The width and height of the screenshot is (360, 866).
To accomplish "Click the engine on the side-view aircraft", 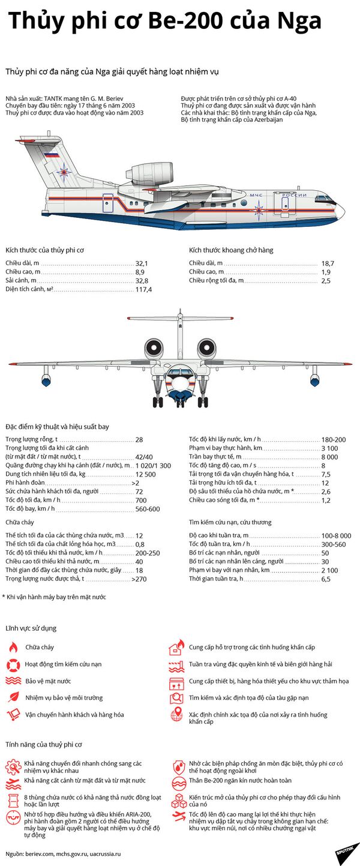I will (152, 173).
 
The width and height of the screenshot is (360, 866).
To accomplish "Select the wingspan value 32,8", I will (142, 281).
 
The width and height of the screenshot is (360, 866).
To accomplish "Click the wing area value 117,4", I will (143, 289).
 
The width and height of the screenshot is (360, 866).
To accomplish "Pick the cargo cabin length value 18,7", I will (327, 263).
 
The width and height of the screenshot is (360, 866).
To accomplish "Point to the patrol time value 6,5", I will (326, 579).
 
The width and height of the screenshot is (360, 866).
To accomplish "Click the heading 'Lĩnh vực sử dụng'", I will (31, 628).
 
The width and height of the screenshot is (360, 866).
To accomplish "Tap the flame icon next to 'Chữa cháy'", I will (13, 648).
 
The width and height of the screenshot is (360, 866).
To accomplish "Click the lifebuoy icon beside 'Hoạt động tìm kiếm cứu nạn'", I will (13, 664).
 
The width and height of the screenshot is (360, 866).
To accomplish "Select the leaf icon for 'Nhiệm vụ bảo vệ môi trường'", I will (13, 697).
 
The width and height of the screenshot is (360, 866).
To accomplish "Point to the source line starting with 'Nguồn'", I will (63, 853).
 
